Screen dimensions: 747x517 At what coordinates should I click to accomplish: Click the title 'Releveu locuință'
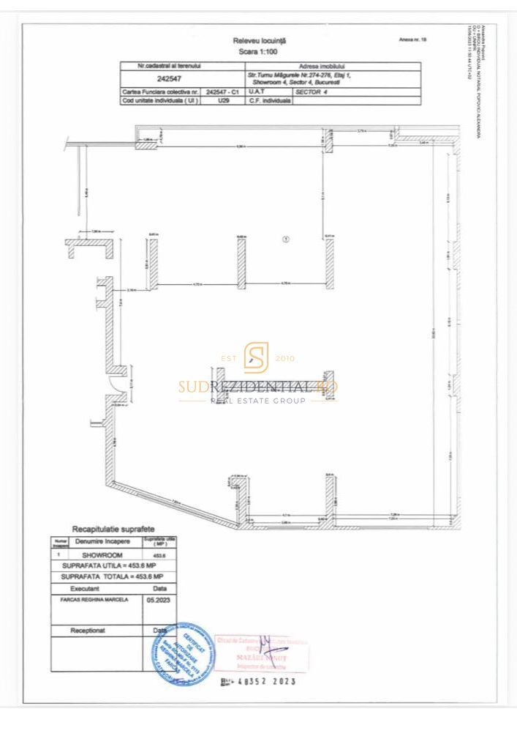pyautogui.click(x=259, y=41)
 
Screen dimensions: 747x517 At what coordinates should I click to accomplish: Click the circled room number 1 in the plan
pyautogui.click(x=286, y=238)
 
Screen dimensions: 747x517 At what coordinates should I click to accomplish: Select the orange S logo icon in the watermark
pyautogui.click(x=257, y=357)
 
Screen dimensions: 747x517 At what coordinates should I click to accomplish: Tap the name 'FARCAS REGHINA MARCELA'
pyautogui.click(x=89, y=598)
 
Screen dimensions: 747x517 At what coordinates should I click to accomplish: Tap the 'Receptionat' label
pyautogui.click(x=88, y=630)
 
